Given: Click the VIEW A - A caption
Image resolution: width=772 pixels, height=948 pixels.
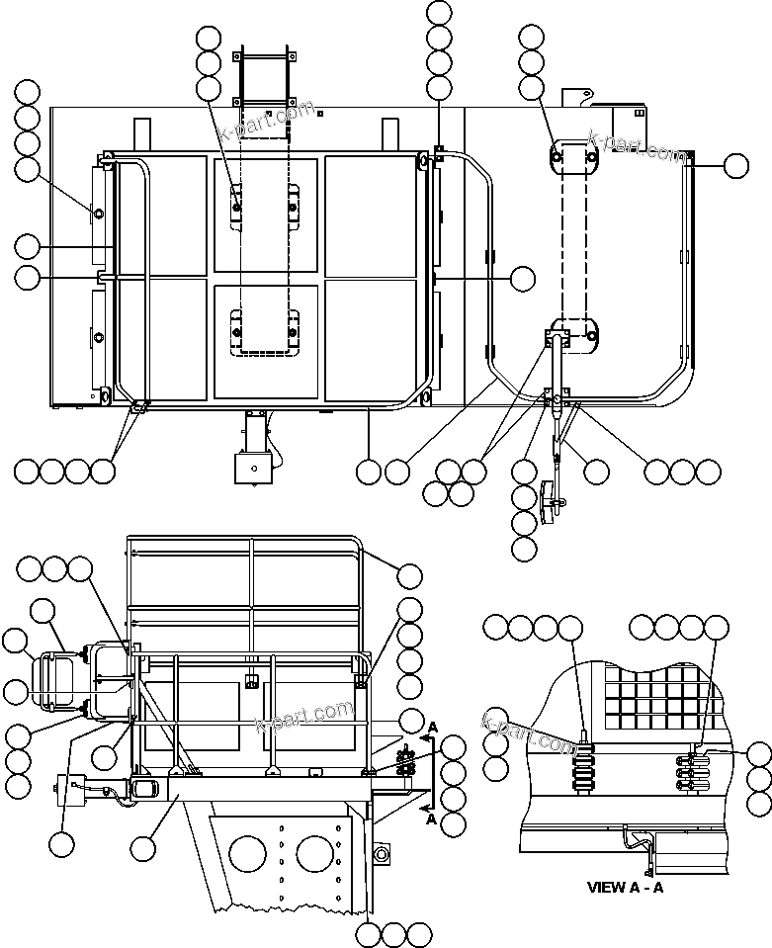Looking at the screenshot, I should [628, 887].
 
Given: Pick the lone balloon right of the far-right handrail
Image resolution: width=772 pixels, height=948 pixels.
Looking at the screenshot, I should [735, 165].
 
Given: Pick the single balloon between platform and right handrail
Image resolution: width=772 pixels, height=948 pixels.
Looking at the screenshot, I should [522, 279].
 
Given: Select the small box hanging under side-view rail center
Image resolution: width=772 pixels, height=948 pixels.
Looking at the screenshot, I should [253, 679].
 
